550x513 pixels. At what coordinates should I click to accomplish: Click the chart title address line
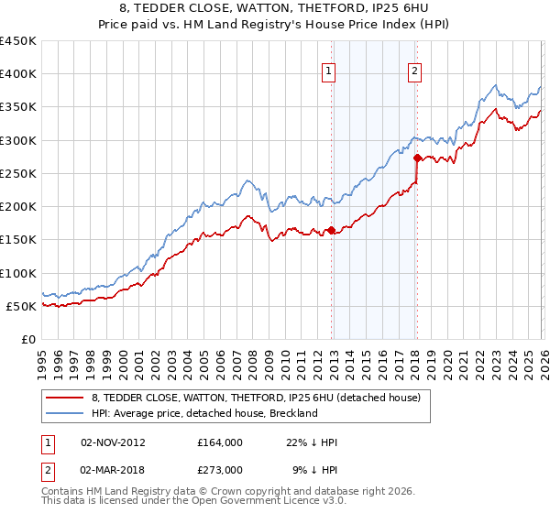275,9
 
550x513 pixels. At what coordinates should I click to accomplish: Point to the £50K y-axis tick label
22,306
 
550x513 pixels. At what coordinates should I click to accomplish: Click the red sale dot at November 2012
331,230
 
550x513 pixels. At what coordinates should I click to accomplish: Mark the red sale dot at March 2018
417,158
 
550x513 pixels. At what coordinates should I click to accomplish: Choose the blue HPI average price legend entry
203,413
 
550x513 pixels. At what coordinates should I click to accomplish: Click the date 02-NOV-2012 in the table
113,442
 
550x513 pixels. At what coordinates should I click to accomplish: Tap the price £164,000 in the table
220,442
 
